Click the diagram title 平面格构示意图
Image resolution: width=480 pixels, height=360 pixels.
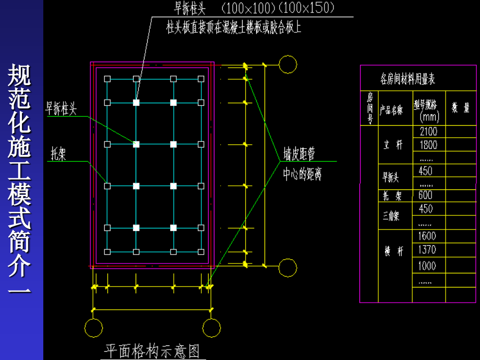152,350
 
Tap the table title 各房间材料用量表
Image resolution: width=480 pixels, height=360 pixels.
407,79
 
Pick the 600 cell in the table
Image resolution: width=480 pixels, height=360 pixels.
425,195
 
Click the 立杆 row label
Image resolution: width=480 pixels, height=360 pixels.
393,145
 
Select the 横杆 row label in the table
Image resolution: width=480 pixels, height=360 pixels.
393,251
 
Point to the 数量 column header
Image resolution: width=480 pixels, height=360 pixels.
460,108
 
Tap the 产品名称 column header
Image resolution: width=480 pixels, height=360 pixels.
391,110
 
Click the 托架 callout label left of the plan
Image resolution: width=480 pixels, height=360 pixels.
58,154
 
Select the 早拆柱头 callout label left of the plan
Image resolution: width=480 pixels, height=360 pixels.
61,109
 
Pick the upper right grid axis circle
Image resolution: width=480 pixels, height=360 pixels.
287,65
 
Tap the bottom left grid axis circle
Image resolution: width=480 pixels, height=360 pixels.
93,328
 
